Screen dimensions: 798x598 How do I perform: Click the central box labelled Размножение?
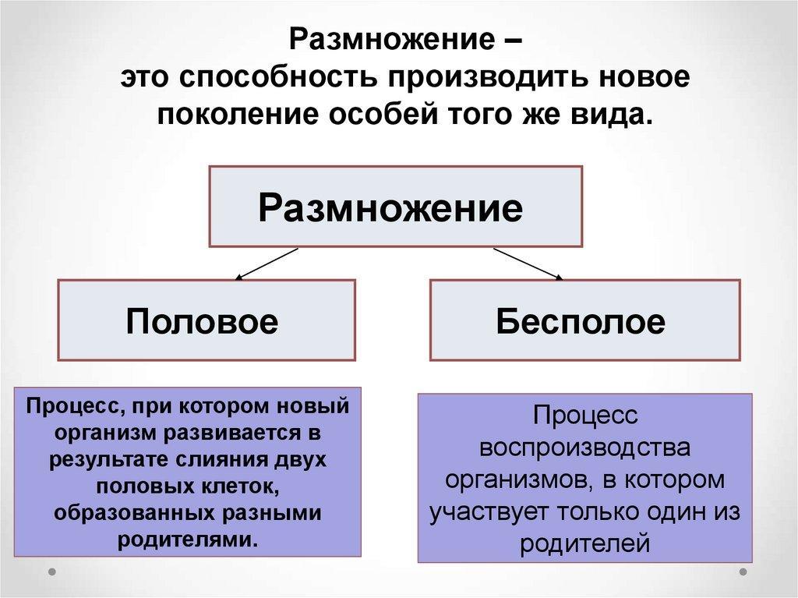tap(395, 207)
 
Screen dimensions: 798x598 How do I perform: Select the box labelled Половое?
tap(206, 320)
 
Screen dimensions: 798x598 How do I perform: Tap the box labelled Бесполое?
tap(584, 320)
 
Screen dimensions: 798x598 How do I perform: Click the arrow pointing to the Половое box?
tap(267, 264)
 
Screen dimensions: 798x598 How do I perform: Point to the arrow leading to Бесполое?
tap(528, 264)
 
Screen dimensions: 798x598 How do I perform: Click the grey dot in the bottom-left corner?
tap(51, 572)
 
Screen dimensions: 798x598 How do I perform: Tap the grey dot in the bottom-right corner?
tap(743, 572)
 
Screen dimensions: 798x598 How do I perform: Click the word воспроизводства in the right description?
tap(584, 448)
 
